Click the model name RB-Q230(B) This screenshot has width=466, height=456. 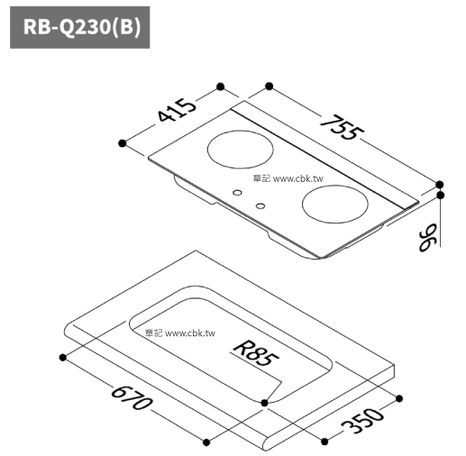pyautogui.click(x=82, y=28)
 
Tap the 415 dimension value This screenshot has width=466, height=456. pyautogui.click(x=177, y=110)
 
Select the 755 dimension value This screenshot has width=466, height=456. pyautogui.click(x=342, y=127)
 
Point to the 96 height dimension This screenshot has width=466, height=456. pyautogui.click(x=428, y=237)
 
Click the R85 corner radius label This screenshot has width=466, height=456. pyautogui.click(x=256, y=353)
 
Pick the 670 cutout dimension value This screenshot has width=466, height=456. pyautogui.click(x=132, y=398)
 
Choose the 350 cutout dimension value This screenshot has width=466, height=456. pyautogui.click(x=362, y=420)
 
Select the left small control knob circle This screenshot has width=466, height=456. pyautogui.click(x=237, y=193)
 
